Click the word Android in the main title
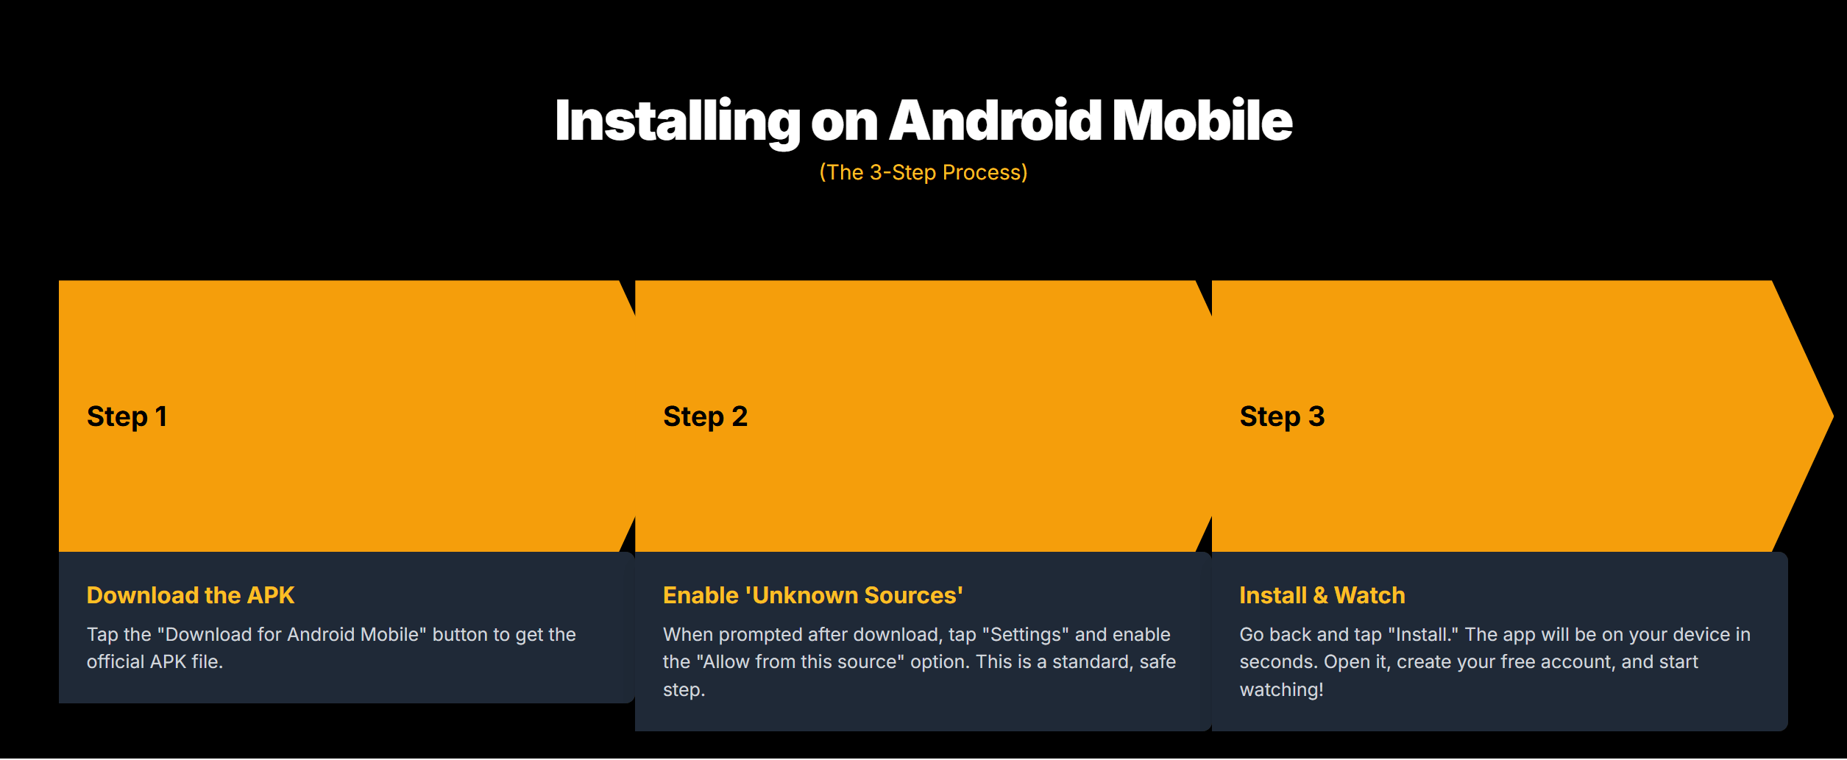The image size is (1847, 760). tap(995, 120)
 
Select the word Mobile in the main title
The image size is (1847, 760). tap(1202, 120)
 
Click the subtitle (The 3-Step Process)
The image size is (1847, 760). tap(923, 172)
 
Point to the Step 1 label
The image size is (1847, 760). tap(127, 416)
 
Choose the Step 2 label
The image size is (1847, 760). tap(705, 416)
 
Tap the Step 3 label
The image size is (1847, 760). tap(1282, 416)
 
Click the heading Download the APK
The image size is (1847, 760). tap(191, 594)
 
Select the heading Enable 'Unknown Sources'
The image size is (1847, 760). tap(813, 594)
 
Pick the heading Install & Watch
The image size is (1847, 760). tap(1322, 594)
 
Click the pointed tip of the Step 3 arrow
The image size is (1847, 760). tap(1832, 416)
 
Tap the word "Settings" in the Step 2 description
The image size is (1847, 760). tap(1025, 634)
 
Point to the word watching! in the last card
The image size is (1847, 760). tap(1281, 689)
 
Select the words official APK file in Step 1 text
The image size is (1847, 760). tap(155, 661)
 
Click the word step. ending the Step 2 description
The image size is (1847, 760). tap(684, 690)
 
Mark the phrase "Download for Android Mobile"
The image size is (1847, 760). tap(292, 634)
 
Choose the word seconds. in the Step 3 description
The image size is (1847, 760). tap(1278, 662)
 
